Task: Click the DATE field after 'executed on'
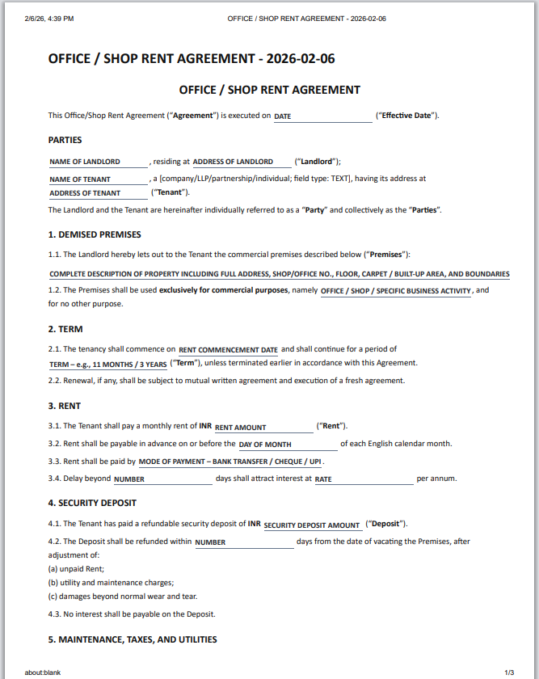coord(322,116)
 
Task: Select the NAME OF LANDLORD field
coord(98,162)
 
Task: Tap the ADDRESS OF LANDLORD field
coord(240,162)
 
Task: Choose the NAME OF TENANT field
coord(97,179)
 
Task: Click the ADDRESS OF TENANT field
coord(97,193)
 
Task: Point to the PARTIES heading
coord(65,140)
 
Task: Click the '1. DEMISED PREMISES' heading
coord(95,234)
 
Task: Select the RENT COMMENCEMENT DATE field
coord(228,350)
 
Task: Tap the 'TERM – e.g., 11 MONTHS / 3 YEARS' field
coord(107,365)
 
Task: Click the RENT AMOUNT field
coord(263,427)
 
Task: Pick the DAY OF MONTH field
coord(287,445)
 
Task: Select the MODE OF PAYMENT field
coord(230,462)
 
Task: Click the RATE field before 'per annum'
coord(363,479)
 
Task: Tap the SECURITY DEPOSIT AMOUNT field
coord(312,525)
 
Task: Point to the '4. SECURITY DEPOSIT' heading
coord(93,503)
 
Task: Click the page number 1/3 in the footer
coord(509,672)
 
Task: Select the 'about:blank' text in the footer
coord(42,672)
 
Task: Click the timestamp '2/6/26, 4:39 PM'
coord(49,18)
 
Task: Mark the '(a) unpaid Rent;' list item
coord(76,568)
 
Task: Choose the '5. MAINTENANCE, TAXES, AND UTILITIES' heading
coord(133,639)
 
